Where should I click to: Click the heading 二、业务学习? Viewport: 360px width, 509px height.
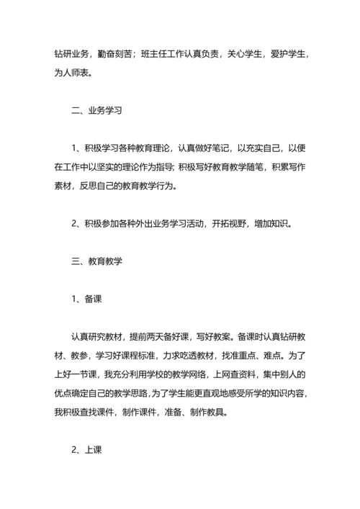point(97,112)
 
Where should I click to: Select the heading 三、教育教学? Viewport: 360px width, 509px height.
point(97,261)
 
